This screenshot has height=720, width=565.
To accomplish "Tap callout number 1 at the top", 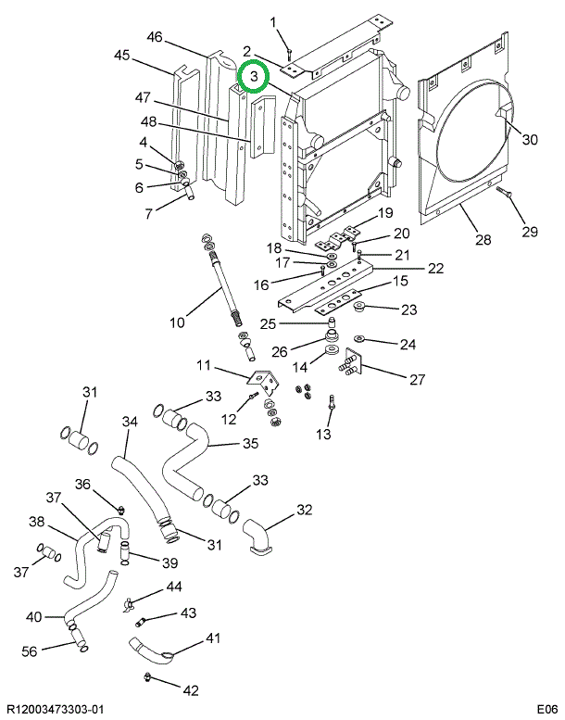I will pyautogui.click(x=273, y=22).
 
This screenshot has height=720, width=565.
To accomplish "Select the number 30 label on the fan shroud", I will pyautogui.click(x=529, y=141).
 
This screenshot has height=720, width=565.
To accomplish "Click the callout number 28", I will pyautogui.click(x=482, y=241).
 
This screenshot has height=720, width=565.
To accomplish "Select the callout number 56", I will pyautogui.click(x=31, y=651).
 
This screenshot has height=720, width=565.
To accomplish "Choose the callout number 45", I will pyautogui.click(x=122, y=56).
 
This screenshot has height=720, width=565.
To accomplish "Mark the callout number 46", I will pyautogui.click(x=155, y=37).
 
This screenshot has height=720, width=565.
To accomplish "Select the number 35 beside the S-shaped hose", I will pyautogui.click(x=249, y=444).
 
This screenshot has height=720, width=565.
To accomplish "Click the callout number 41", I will pyautogui.click(x=213, y=638).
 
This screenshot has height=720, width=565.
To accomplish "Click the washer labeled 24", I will pyautogui.click(x=359, y=339).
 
